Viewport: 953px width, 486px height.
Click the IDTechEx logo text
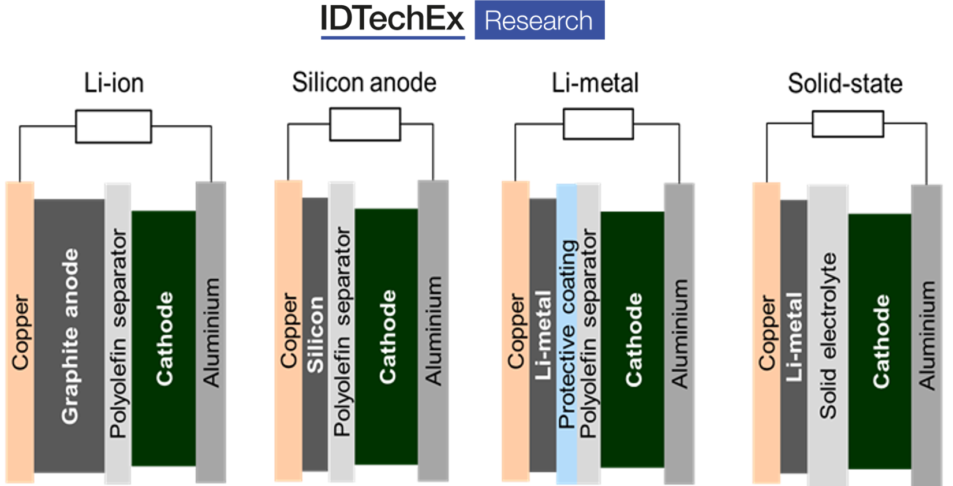tap(393, 20)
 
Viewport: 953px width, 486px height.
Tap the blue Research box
tap(539, 20)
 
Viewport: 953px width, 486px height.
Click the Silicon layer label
tap(315, 335)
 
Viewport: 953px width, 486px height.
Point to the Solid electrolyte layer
tap(828, 335)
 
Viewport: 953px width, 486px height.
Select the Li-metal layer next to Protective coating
tap(543, 335)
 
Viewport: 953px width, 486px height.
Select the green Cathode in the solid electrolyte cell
tap(880, 341)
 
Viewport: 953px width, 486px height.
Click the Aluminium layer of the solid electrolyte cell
tap(926, 335)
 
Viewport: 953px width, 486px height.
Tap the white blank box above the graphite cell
tap(113, 126)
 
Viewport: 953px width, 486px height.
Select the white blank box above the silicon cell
tap(365, 124)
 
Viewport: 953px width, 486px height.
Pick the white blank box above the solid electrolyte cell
tap(847, 124)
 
